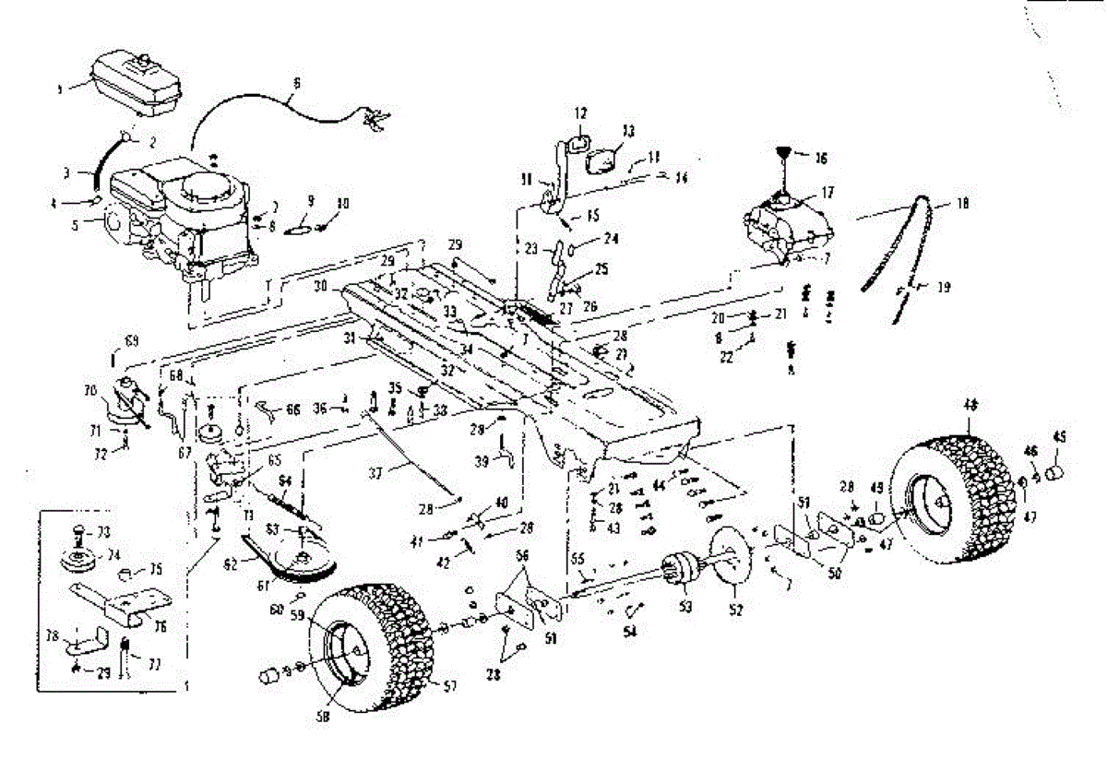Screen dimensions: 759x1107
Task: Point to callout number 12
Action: pyautogui.click(x=579, y=113)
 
